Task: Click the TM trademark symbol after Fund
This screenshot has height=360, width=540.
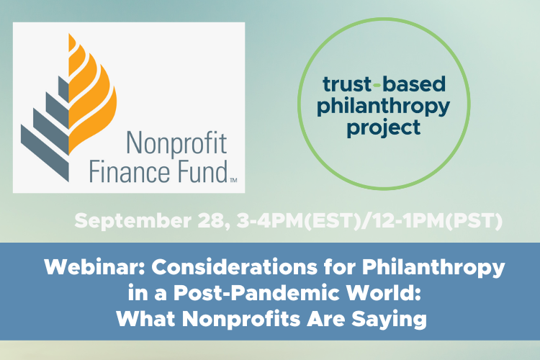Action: click(x=233, y=179)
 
